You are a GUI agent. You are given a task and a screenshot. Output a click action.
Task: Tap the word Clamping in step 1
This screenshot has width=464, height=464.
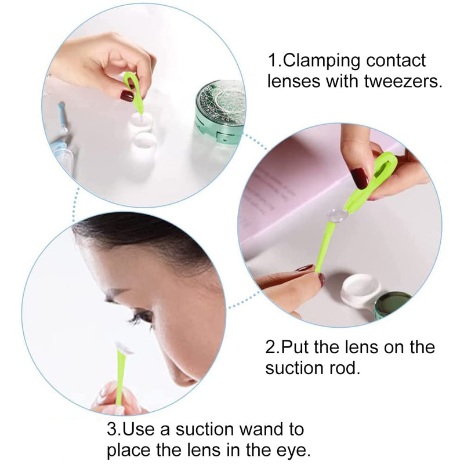pos(329,60)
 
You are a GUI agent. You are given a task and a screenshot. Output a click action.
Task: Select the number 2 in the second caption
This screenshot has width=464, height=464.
pos(271,347)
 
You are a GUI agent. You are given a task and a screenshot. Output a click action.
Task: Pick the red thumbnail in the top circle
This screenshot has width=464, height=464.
pos(127,96)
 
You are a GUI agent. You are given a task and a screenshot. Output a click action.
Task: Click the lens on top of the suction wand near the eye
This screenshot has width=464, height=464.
pos(124,347)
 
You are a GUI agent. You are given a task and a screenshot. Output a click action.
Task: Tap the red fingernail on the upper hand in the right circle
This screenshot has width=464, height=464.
pos(359,178)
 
